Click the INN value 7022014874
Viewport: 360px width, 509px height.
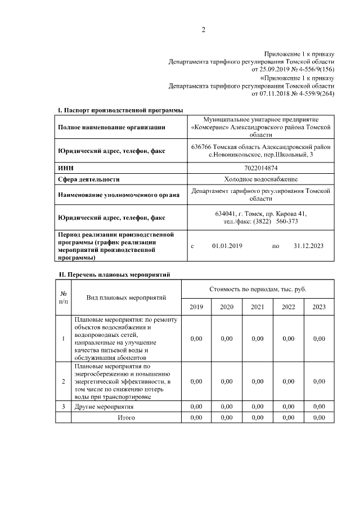[261, 168]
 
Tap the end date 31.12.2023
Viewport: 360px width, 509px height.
[309, 246]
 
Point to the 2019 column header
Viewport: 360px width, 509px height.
[196, 307]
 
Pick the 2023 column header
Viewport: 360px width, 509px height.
[319, 307]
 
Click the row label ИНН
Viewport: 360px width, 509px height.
[66, 168]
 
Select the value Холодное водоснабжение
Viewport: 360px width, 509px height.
[261, 179]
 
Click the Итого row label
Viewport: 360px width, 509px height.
[126, 418]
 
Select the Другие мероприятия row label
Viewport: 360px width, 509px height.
[104, 406]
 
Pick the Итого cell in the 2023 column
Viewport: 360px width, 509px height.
[319, 418]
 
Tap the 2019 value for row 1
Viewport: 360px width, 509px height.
[196, 339]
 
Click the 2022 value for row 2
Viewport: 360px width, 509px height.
[288, 381]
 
